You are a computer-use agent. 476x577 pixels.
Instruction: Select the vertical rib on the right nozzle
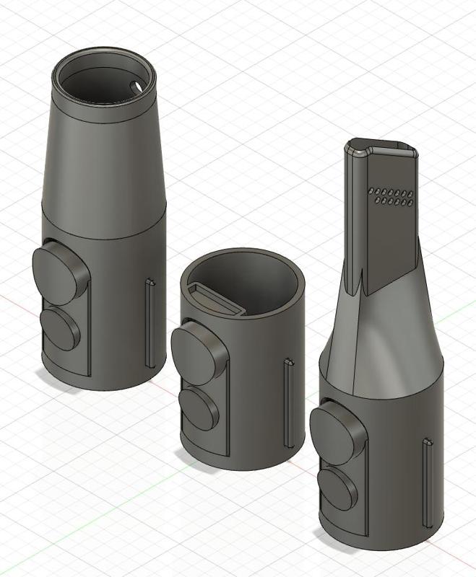(426, 480)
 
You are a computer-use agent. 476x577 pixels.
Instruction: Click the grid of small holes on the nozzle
(391, 197)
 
